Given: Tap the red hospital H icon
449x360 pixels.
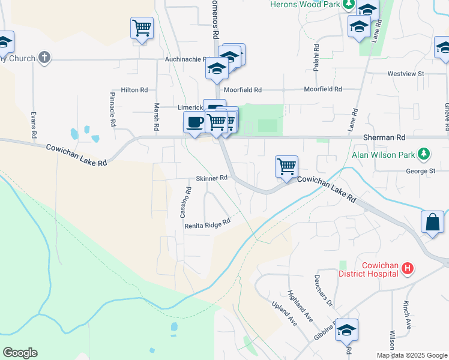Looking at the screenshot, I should tap(407, 268).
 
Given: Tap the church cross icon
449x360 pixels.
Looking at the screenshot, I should tap(43, 58).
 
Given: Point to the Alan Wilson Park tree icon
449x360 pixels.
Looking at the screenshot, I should tap(424, 154).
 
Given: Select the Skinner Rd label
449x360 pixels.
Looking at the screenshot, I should tap(211, 178).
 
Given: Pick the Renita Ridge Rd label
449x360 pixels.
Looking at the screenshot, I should tap(208, 223).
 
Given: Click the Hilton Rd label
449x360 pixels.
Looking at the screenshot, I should tap(134, 90).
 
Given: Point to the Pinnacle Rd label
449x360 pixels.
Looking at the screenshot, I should tap(112, 109).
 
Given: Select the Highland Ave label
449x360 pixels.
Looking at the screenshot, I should tap(300, 305).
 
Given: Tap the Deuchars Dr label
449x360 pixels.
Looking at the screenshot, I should tap(323, 290).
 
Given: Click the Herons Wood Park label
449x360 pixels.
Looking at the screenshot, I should tap(304, 4).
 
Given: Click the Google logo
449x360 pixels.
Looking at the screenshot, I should tap(20, 353).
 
